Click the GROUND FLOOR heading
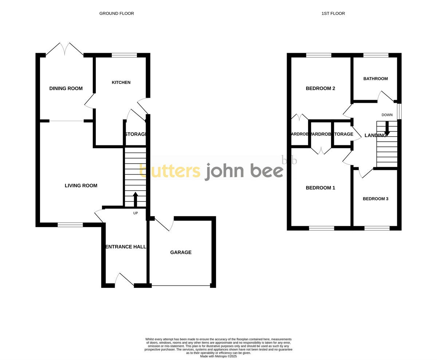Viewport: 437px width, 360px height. pos(117,13)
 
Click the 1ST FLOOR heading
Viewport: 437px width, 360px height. pos(333,13)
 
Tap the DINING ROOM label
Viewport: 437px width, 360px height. pos(66,88)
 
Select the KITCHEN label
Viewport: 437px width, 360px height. pos(121,82)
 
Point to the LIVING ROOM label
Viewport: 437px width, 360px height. pos(81,185)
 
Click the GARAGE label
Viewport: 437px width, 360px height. pos(181,252)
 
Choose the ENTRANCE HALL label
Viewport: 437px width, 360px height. pos(126,247)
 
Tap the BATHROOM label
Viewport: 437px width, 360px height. pos(375,79)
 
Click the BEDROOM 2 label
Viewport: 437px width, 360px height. pos(320,88)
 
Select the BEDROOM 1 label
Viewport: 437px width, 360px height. pos(320,188)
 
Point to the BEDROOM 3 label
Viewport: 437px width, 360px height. pos(375,199)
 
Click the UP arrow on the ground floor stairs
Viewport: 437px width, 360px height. pos(135,199)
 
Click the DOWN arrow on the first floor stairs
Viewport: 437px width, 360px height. pos(387,129)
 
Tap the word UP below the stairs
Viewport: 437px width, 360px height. pos(135,213)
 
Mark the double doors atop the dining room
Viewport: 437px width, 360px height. pos(65,49)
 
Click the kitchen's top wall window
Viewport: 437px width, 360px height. pos(124,55)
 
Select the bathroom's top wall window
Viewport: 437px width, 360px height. pos(376,55)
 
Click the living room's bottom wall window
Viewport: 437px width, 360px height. pos(70,225)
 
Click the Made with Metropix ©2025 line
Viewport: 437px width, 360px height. pos(219,356)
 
